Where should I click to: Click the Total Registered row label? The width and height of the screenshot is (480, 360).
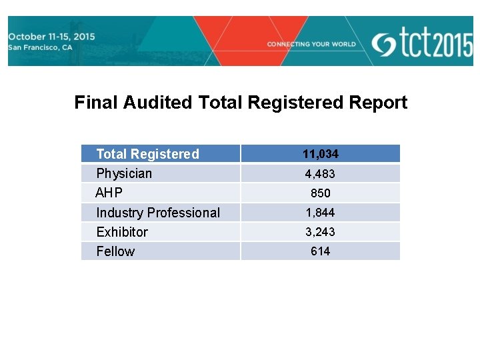[x=147, y=154]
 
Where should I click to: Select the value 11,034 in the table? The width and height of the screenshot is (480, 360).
[x=320, y=154]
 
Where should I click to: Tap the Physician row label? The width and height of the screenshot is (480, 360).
[x=124, y=173]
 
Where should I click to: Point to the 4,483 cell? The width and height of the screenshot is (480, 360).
[x=320, y=174]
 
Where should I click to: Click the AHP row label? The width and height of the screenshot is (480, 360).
[x=109, y=193]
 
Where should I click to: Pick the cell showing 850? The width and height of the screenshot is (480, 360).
[x=320, y=193]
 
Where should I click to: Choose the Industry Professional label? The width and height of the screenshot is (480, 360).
[x=158, y=213]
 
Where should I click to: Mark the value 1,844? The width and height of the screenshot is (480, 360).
[x=320, y=213]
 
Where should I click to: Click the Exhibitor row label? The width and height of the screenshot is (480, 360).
[x=122, y=232]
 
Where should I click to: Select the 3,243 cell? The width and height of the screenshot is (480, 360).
[x=320, y=232]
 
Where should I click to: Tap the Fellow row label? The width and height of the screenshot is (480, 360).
[x=115, y=251]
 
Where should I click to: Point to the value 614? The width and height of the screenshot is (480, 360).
[x=320, y=251]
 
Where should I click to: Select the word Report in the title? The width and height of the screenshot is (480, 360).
[x=378, y=103]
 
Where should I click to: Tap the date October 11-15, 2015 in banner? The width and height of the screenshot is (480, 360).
[x=51, y=37]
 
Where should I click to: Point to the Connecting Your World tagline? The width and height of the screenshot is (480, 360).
[x=311, y=44]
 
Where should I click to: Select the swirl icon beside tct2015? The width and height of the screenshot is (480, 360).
[x=384, y=44]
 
